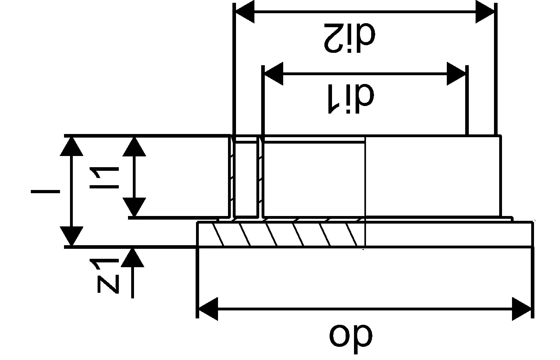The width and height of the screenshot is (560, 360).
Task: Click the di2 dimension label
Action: click(x=350, y=38)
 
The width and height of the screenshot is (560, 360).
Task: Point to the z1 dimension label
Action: click(x=105, y=276)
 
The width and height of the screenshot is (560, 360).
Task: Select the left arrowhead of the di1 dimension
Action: click(x=273, y=74)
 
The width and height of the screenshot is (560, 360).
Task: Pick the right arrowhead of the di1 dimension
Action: click(x=456, y=74)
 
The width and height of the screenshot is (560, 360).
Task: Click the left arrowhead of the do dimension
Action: click(x=208, y=309)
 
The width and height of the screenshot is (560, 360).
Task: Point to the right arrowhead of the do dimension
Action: click(x=522, y=309)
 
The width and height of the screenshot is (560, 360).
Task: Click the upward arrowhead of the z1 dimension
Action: click(x=132, y=257)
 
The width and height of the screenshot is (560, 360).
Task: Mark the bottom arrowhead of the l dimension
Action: click(x=72, y=236)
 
